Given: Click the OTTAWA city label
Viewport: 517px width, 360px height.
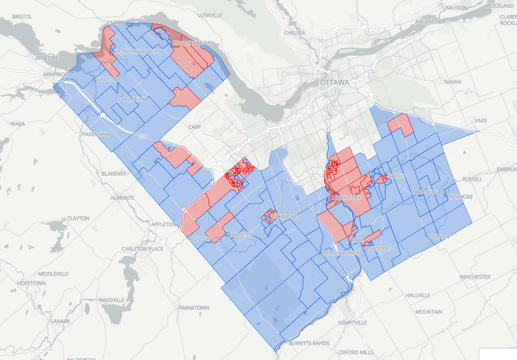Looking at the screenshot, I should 334,82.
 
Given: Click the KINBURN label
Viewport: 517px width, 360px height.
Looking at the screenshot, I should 136,99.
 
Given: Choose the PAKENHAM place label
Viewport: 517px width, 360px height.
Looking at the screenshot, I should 96,134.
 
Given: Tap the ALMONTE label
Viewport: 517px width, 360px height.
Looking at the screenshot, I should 122,198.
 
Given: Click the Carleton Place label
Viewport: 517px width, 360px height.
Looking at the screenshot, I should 142,249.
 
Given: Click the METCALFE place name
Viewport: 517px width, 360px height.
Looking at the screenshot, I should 425,192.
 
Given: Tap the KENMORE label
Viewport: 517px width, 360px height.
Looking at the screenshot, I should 461,197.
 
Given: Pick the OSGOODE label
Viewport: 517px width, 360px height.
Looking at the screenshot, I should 376,248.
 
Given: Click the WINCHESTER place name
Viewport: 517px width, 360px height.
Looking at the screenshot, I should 475,277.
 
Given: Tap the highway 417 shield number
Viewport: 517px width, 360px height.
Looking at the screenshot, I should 143,136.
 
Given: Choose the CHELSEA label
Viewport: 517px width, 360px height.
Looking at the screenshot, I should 295,33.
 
